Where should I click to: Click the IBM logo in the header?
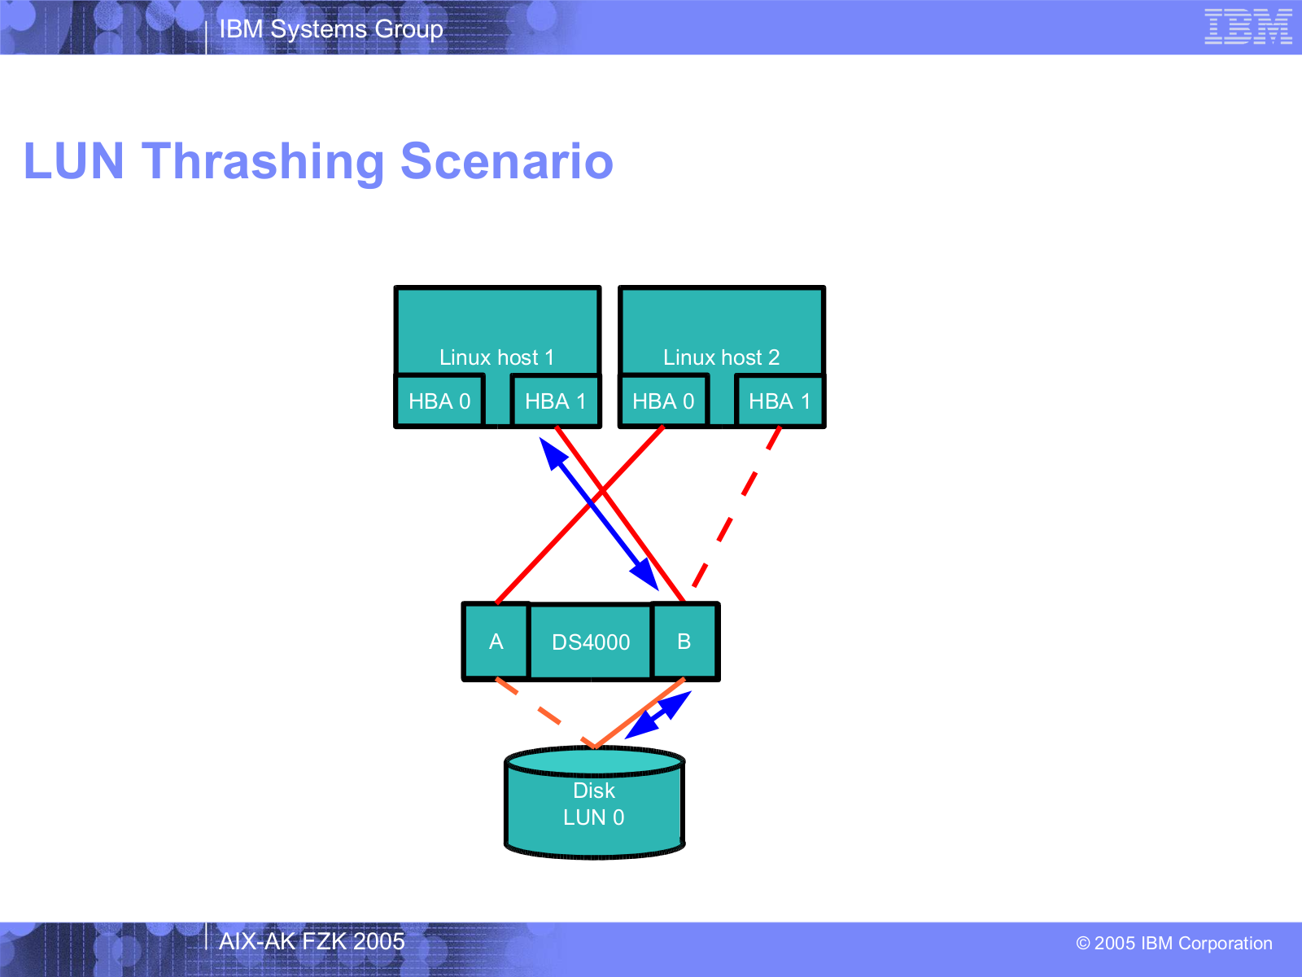[1248, 27]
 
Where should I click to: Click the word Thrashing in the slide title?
[264, 162]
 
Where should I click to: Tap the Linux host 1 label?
[496, 357]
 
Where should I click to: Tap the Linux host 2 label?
[721, 357]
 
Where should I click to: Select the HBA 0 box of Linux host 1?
[439, 401]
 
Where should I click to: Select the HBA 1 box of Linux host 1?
[556, 401]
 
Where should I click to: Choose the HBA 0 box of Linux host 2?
[664, 401]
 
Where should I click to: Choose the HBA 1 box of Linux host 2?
[780, 401]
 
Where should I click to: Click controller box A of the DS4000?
[496, 642]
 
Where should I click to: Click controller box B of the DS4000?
[684, 642]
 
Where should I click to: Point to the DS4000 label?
[591, 642]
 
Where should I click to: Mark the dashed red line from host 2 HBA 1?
[736, 508]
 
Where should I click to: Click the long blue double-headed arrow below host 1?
[599, 515]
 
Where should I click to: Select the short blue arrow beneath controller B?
[658, 716]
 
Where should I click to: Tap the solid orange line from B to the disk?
[640, 713]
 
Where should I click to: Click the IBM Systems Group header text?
[331, 29]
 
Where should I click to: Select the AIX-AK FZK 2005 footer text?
[312, 941]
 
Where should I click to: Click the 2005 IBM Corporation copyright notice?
[1174, 943]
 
